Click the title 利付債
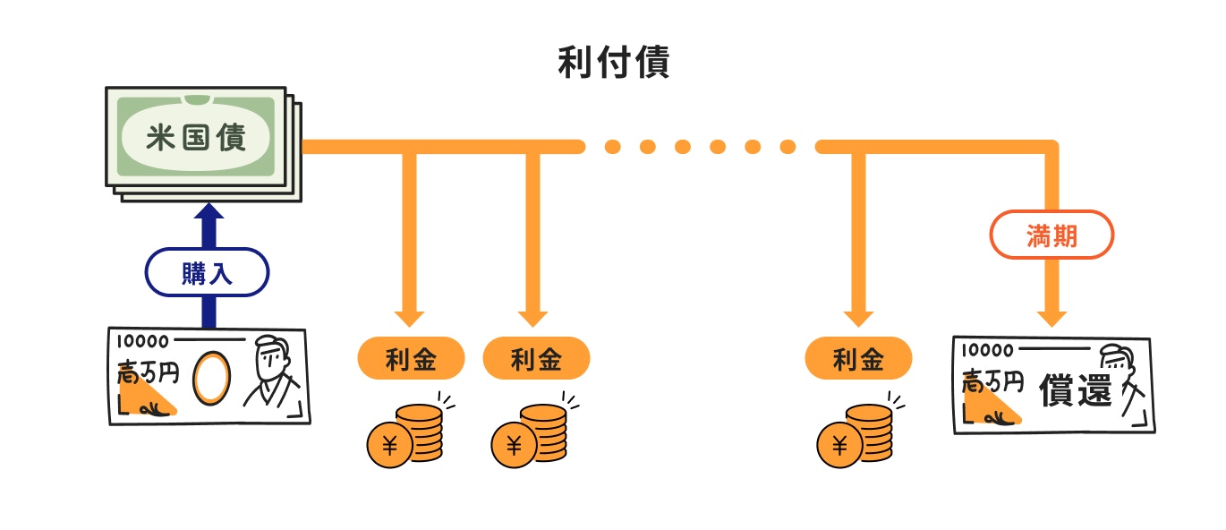click(613, 64)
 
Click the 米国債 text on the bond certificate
click(196, 138)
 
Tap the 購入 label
click(207, 272)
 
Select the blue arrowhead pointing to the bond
click(209, 214)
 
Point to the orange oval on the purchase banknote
click(212, 377)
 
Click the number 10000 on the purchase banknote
click(142, 341)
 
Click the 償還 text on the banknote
click(1075, 391)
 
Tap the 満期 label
click(1051, 236)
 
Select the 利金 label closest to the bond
click(411, 359)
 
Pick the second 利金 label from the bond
click(536, 359)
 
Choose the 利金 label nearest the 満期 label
click(858, 359)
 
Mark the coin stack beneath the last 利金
click(868, 432)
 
